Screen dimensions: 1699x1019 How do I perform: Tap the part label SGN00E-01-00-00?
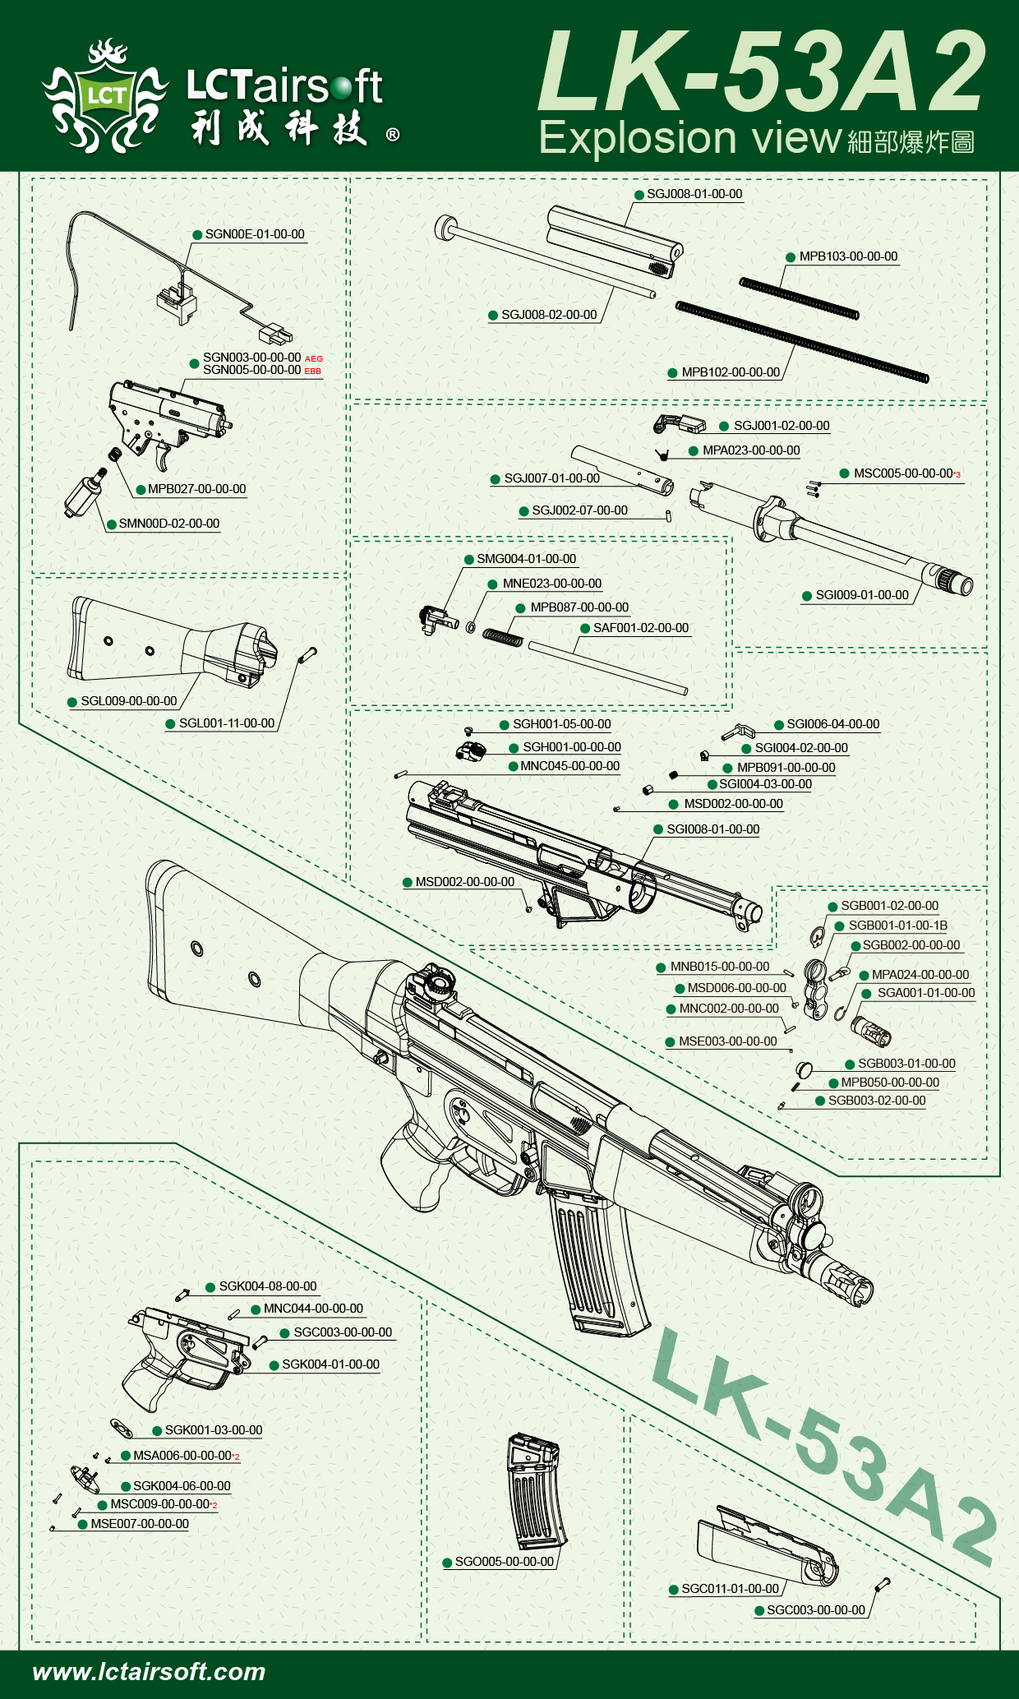tap(254, 234)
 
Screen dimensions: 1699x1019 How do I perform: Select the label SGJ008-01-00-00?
tap(694, 194)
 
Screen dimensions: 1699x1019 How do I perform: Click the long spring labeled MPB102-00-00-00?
tap(801, 341)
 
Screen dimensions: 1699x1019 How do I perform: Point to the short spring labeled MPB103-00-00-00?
tap(799, 298)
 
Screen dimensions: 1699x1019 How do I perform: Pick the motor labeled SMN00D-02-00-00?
tap(85, 493)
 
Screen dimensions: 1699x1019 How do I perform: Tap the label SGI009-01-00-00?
tap(861, 595)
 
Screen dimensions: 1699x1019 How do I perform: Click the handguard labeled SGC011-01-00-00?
tap(764, 1545)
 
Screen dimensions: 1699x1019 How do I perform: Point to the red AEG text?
tap(314, 358)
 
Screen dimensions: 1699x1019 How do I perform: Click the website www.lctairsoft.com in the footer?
tap(149, 1671)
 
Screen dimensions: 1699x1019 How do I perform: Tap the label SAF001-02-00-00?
tap(641, 628)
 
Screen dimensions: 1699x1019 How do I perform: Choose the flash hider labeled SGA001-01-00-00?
tap(872, 1030)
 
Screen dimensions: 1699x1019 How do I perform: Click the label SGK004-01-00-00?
tap(330, 1364)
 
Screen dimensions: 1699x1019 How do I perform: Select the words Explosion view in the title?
tap(690, 138)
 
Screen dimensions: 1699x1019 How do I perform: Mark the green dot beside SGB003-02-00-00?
tap(820, 1101)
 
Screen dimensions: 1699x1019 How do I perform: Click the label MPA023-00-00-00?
tap(750, 450)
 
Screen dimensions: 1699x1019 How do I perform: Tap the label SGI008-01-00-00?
tap(712, 829)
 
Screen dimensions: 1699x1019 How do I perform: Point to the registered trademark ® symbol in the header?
tap(393, 135)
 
